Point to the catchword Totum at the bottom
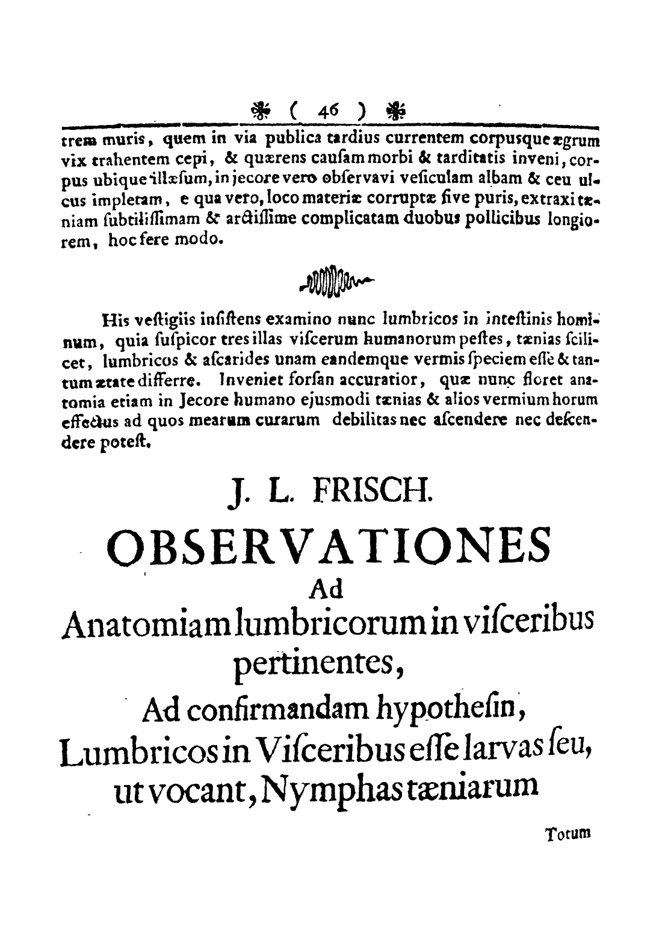tap(568, 834)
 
